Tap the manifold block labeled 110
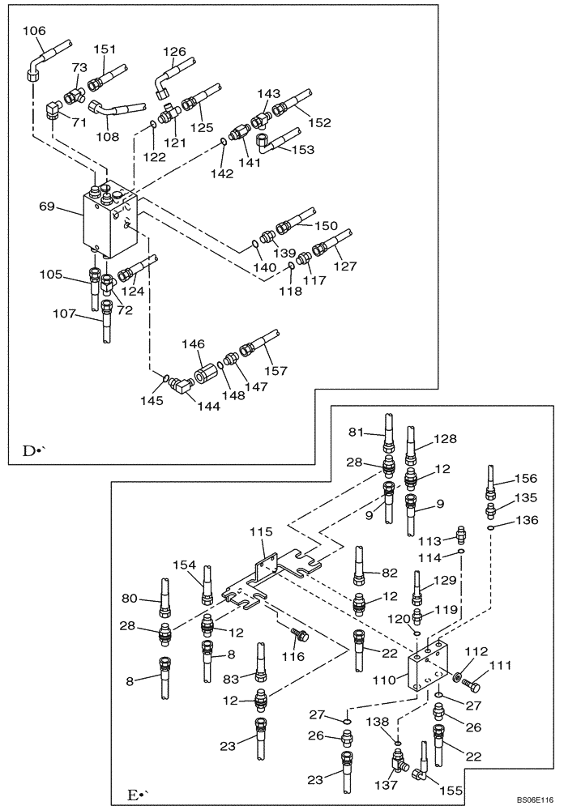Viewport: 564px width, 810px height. pyautogui.click(x=429, y=664)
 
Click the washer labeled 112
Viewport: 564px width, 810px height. pyautogui.click(x=459, y=676)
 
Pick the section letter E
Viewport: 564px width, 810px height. pyautogui.click(x=134, y=795)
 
